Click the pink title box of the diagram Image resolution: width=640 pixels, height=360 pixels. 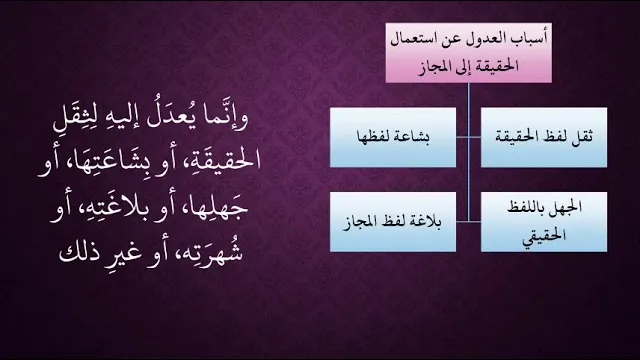(469, 53)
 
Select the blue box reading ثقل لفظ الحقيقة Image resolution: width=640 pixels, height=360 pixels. (544, 138)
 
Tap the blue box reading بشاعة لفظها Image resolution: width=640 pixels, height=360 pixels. (393, 138)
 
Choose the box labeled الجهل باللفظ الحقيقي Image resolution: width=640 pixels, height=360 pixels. (544, 222)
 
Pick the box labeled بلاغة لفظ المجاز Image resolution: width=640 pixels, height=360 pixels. (393, 222)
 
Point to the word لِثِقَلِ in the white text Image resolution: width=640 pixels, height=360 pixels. (75, 118)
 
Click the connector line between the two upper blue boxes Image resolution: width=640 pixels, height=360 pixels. (469, 138)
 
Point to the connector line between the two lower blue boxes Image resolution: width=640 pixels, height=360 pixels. (469, 222)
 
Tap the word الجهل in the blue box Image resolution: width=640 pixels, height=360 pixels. (567, 208)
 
